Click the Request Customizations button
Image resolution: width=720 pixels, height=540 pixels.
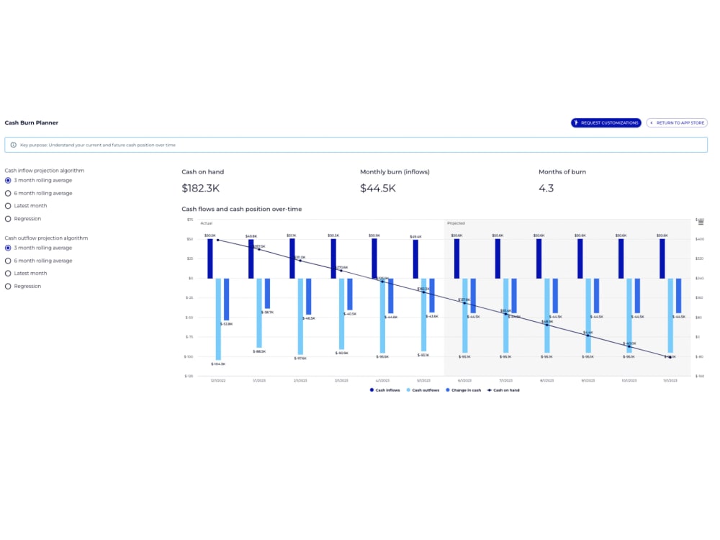(606, 123)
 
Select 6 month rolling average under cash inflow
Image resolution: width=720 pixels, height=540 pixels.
(8, 193)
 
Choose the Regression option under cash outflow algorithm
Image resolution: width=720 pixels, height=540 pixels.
(8, 286)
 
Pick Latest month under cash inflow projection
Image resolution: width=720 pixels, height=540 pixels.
(8, 206)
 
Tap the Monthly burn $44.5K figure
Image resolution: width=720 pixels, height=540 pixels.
(378, 189)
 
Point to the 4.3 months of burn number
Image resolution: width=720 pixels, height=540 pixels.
(546, 189)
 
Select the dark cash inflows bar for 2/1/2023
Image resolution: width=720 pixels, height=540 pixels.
(292, 258)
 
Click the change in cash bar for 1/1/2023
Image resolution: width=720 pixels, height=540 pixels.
(267, 294)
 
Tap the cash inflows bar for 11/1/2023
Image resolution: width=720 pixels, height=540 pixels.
(662, 258)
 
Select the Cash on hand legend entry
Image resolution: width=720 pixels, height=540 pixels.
(503, 390)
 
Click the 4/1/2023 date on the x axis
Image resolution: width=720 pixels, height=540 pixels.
(382, 380)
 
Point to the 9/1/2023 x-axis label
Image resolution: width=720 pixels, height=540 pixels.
(588, 380)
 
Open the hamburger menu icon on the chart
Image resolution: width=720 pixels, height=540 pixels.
(701, 223)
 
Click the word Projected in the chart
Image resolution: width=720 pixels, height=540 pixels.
(456, 223)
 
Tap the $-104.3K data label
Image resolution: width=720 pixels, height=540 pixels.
(218, 364)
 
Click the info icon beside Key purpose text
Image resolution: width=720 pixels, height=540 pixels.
(13, 145)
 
